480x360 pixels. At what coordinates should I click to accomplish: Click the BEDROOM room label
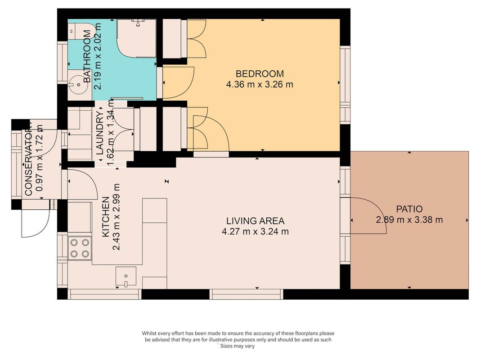260,74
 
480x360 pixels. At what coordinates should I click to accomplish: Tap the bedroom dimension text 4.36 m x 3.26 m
260,84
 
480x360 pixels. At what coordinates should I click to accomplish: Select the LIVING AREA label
256,220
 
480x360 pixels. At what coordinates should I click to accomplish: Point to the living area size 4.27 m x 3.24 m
256,231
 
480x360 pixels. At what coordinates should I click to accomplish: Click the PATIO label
409,209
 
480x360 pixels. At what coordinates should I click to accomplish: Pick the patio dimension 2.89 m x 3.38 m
409,220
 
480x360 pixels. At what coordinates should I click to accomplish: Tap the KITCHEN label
106,217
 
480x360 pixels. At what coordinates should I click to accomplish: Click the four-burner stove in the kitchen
80,248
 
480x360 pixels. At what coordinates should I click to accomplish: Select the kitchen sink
126,276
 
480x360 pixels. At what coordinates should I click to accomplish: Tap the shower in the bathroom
137,38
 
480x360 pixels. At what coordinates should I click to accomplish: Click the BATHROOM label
87,56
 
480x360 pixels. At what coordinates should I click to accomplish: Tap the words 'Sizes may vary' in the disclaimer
238,346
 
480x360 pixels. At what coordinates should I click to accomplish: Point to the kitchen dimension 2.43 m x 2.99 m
117,217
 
